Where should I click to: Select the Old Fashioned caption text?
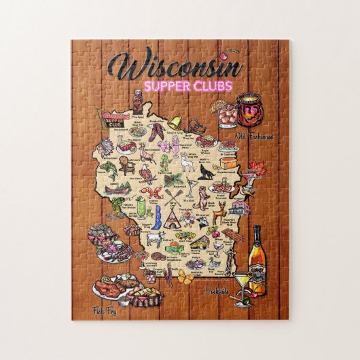click(x=254, y=137)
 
